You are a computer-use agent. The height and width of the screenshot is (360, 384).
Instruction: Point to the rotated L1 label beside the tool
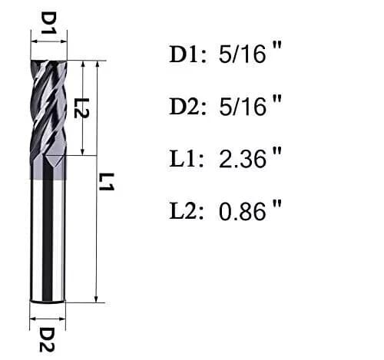(x=108, y=182)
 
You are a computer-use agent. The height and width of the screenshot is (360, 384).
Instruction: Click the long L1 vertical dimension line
(x=97, y=230)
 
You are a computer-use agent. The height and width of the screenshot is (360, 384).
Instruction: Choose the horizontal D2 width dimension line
(x=48, y=314)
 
